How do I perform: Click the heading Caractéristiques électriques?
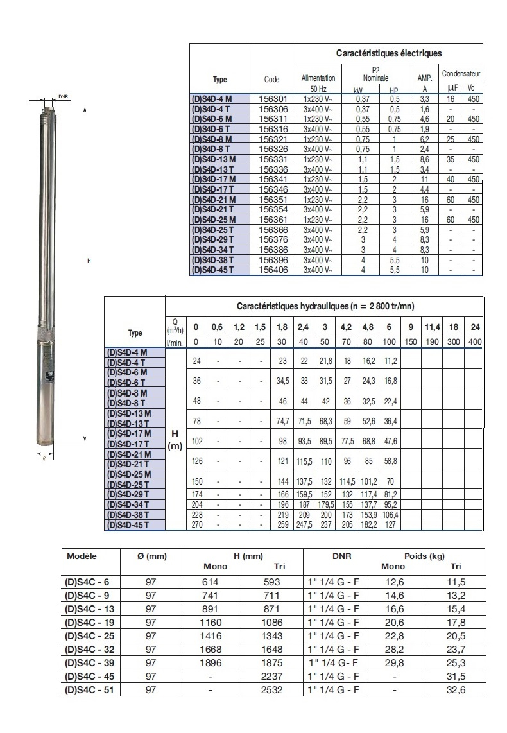point(389,53)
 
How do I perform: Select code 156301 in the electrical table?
point(271,99)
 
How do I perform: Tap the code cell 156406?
point(271,270)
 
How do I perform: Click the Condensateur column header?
point(461,74)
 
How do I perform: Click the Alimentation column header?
point(318,78)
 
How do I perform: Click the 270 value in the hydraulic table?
point(197,524)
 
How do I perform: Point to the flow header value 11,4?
point(431,327)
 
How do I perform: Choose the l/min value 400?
point(474,341)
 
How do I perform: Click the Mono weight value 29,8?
point(393,662)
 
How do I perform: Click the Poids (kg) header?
point(424,556)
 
